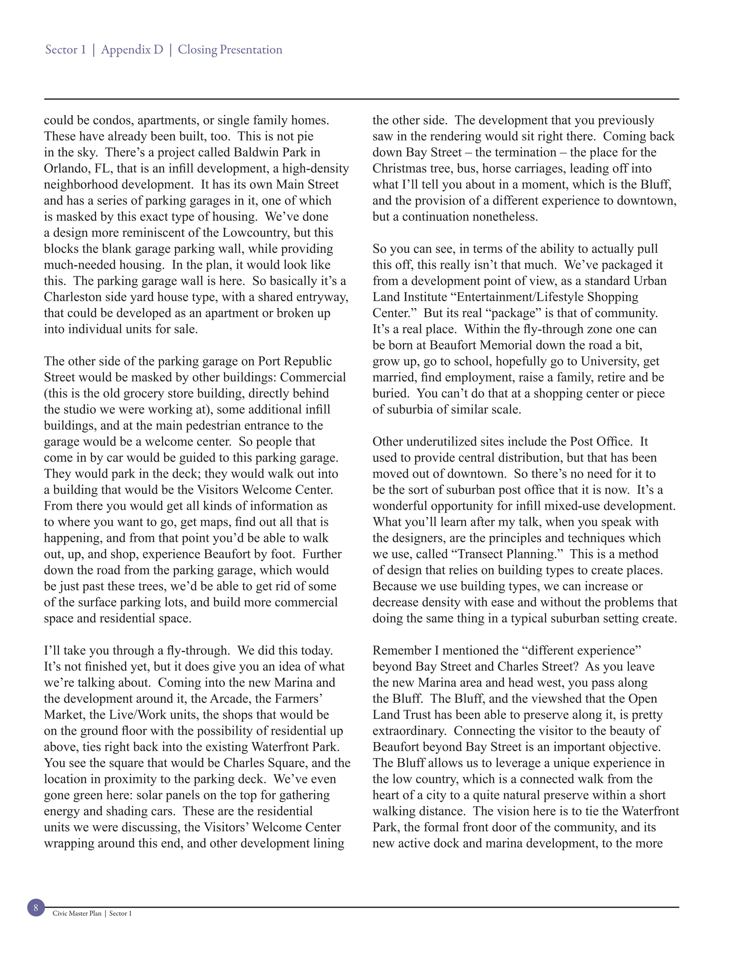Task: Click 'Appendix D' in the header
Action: point(132,49)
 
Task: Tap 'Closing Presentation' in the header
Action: point(230,49)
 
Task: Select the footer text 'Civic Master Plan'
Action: point(77,913)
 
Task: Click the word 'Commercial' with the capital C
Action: point(312,377)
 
